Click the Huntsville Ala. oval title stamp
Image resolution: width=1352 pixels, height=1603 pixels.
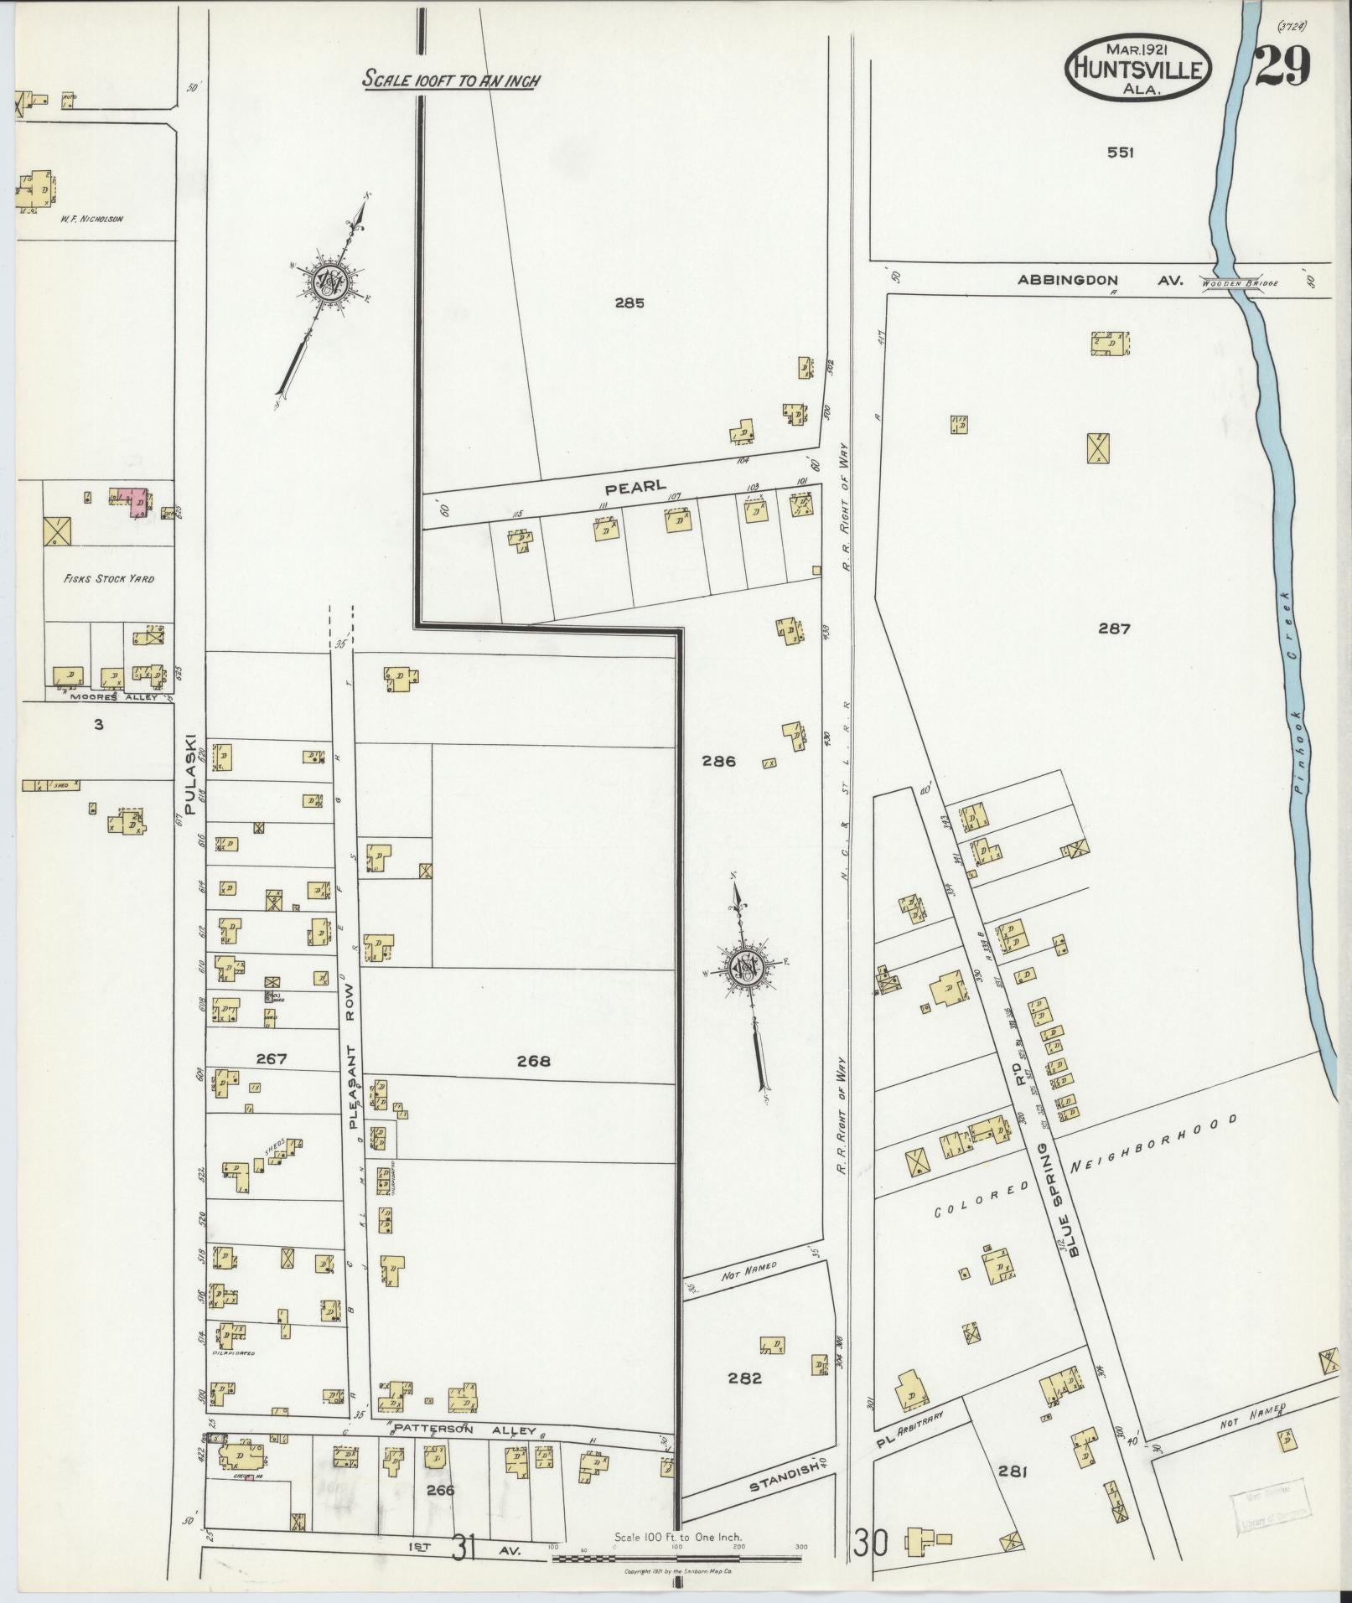pyautogui.click(x=1138, y=70)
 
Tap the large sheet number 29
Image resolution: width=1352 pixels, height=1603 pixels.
pyautogui.click(x=1282, y=66)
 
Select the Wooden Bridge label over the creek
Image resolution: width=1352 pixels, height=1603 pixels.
pyautogui.click(x=1239, y=284)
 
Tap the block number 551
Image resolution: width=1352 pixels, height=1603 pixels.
pyautogui.click(x=1120, y=153)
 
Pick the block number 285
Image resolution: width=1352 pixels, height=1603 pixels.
pyautogui.click(x=629, y=303)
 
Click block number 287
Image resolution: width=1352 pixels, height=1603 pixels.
pyautogui.click(x=1115, y=628)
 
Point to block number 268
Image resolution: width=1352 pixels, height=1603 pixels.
pyautogui.click(x=533, y=1061)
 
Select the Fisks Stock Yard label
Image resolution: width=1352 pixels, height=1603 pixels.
pyautogui.click(x=109, y=578)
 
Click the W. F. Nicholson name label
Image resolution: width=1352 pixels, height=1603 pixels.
pyautogui.click(x=91, y=219)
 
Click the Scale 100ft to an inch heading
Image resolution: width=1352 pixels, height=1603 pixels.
pyautogui.click(x=450, y=81)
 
